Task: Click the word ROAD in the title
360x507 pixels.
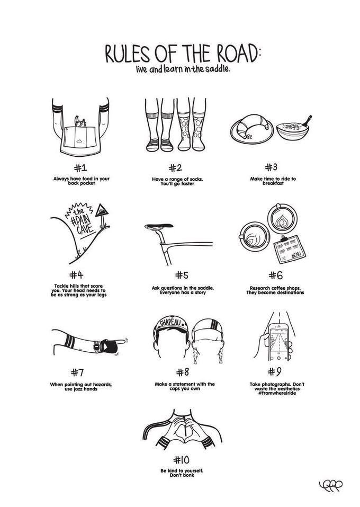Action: point(236,54)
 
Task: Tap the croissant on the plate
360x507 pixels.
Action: point(252,126)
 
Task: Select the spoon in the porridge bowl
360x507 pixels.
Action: point(306,121)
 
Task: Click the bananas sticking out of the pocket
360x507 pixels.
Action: point(80,121)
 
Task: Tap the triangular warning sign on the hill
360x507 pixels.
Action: point(102,211)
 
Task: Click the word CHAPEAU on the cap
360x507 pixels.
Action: point(171,323)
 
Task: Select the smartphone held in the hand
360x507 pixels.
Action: point(278,342)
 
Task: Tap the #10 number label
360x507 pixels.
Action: point(181,460)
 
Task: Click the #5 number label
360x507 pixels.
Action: point(182,275)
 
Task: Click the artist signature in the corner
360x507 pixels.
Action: point(330,485)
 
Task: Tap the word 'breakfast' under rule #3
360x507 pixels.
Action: point(273,183)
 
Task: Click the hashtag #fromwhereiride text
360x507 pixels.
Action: point(277,393)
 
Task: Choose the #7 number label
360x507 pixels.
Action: point(77,373)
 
